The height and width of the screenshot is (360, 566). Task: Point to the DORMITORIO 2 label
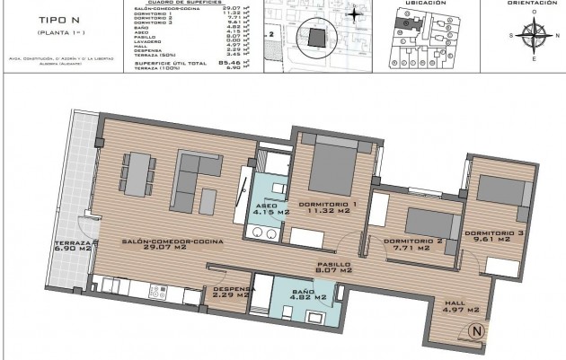(414, 243)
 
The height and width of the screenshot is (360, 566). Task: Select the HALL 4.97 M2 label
(462, 308)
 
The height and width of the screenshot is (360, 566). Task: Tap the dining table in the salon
(137, 173)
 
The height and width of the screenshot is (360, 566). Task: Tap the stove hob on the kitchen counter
(155, 292)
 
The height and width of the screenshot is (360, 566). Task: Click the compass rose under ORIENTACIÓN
(532, 37)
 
